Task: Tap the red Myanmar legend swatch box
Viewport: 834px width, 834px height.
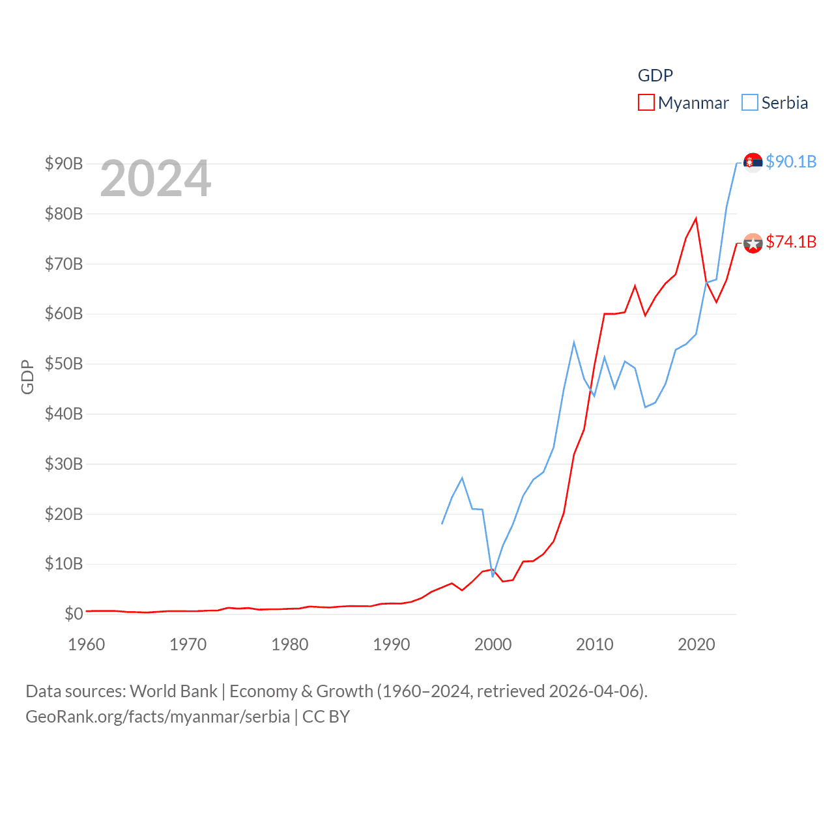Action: [x=646, y=103]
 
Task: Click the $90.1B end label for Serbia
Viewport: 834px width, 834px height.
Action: [x=791, y=162]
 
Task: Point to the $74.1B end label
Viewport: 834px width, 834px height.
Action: [x=791, y=242]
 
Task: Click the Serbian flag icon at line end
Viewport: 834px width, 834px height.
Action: [x=753, y=162]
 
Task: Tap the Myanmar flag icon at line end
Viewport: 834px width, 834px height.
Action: [x=753, y=243]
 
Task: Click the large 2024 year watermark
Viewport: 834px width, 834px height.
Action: [x=155, y=179]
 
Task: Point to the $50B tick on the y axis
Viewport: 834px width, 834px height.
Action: [x=64, y=364]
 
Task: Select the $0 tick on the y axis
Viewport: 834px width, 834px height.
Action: [x=74, y=614]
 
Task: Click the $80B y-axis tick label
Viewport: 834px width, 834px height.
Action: [x=64, y=214]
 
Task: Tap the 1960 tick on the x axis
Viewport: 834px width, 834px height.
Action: [x=87, y=644]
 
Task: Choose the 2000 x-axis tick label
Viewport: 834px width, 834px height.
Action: [x=493, y=644]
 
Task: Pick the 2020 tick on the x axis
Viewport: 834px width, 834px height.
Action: [x=697, y=644]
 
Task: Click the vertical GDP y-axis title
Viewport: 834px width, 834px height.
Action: [x=27, y=377]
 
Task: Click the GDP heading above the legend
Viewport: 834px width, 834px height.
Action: [x=655, y=76]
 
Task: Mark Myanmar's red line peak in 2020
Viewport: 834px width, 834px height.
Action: [x=696, y=218]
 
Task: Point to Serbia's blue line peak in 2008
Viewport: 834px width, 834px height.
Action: [x=574, y=342]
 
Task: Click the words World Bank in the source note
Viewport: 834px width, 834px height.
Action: [x=174, y=691]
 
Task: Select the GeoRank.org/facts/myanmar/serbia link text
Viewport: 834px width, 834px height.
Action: [x=158, y=717]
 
